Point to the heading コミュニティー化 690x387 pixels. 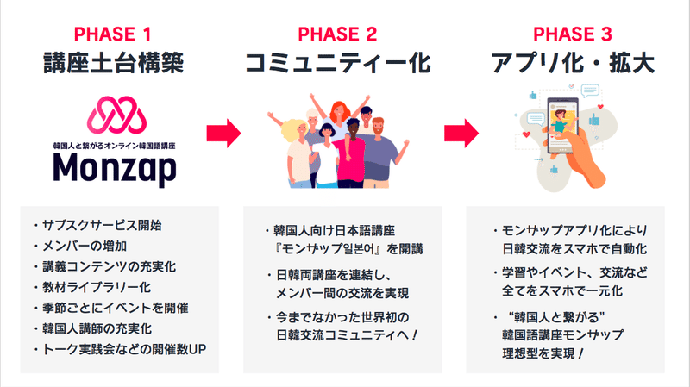pos(337,63)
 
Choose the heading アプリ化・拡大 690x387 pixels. pos(574,63)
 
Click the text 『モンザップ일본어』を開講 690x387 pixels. pos(341,251)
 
